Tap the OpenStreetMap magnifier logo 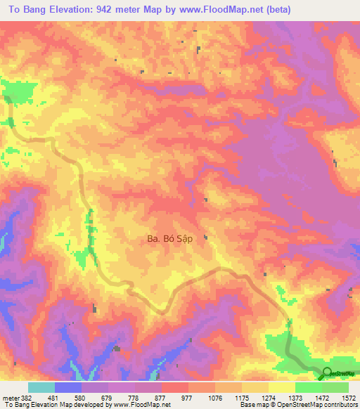tap(328, 373)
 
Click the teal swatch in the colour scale tap(41, 388)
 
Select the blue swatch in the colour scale tap(68, 388)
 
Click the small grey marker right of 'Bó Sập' tap(205, 238)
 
